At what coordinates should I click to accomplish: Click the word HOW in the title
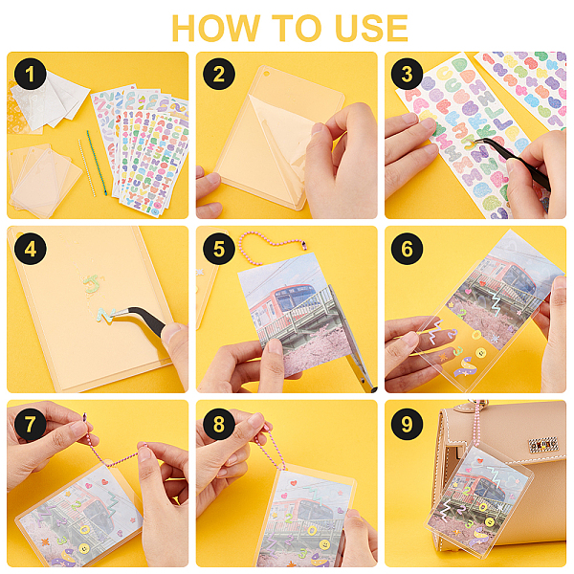215,28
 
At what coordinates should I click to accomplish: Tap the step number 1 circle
31,74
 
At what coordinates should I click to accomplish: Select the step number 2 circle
219,74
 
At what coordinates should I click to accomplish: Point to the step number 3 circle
408,74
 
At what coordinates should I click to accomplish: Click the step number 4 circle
31,249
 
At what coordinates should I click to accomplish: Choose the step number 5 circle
219,249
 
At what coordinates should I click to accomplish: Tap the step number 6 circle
408,249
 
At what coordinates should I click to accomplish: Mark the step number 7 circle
31,424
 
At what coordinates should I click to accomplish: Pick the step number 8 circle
219,424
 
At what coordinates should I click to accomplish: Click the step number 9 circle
408,424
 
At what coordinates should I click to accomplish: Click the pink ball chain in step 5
273,242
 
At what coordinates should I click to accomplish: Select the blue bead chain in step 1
97,163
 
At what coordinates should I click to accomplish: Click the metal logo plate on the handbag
542,445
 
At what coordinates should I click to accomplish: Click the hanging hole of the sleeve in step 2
267,74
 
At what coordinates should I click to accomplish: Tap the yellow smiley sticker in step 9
489,521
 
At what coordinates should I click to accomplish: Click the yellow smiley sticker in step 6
481,353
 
